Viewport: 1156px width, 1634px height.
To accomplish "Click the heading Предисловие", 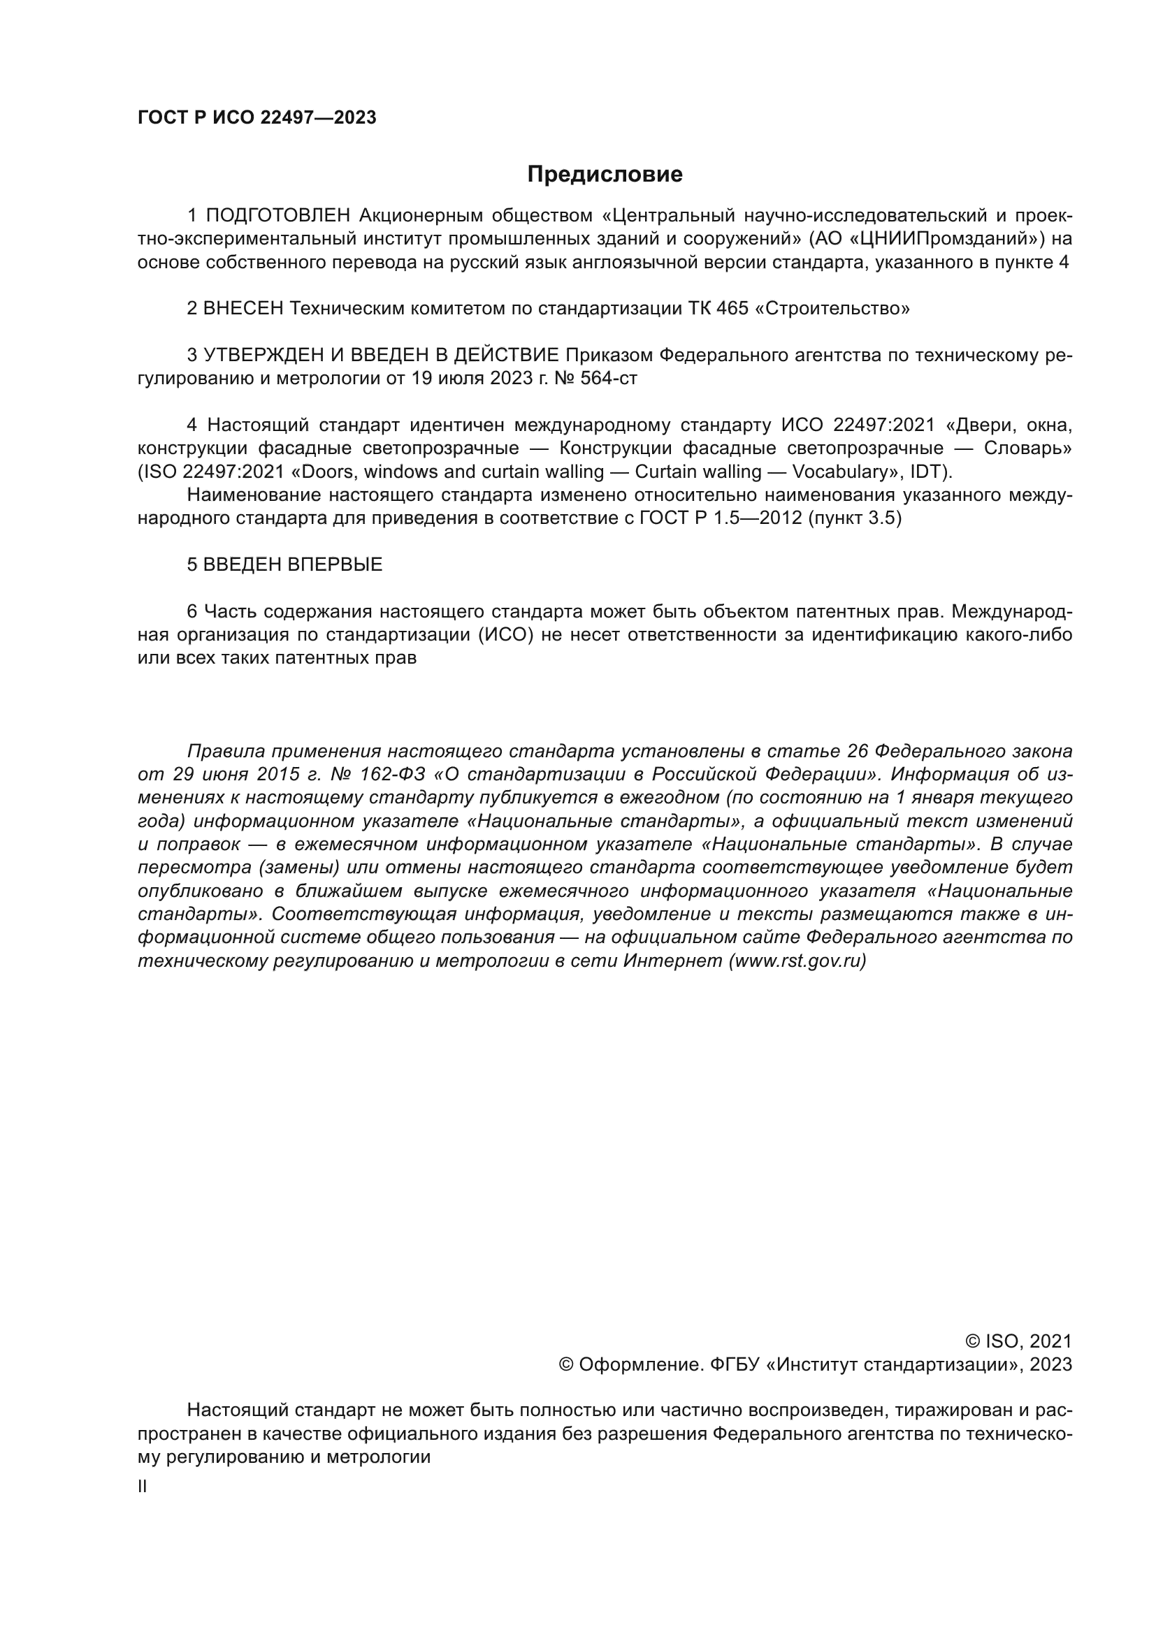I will click(605, 175).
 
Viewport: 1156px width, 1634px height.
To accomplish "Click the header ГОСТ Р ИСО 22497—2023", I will click(257, 118).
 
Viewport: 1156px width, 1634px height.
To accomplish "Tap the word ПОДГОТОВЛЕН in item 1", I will click(278, 216).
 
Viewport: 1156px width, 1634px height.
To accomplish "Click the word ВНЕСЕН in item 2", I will click(243, 309).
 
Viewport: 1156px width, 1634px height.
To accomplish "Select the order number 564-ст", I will click(609, 379).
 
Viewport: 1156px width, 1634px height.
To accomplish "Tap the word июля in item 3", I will click(464, 379).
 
